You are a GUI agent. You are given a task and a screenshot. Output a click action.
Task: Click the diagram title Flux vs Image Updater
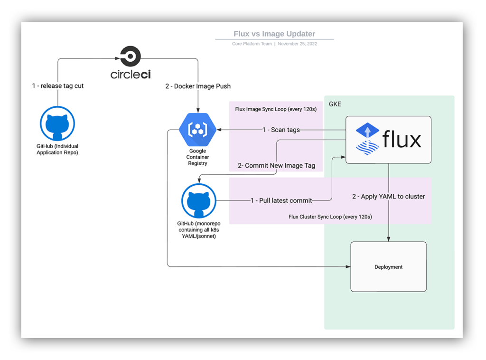coord(274,34)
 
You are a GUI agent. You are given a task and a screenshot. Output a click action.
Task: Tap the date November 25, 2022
coord(297,44)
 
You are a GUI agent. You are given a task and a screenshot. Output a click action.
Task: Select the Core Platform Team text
coord(252,44)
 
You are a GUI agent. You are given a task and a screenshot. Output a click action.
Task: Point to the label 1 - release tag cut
coord(58,86)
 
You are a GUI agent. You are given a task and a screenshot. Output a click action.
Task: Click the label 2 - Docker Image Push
coord(198,86)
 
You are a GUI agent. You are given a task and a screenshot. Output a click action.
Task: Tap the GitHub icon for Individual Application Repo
coord(57,123)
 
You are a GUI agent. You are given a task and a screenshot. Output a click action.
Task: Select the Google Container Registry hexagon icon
coord(197,130)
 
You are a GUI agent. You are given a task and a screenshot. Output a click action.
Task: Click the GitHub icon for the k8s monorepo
coord(199,201)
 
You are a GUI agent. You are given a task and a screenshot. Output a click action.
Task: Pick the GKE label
coord(335,104)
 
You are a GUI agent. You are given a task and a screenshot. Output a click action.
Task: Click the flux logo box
coord(388,140)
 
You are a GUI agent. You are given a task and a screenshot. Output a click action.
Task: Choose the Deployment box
coord(388,266)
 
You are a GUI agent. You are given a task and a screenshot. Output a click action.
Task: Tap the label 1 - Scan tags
coord(281,130)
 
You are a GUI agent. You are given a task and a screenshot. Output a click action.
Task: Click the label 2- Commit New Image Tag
coord(276,166)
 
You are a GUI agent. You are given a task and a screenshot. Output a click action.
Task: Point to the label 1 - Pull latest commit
coord(281,200)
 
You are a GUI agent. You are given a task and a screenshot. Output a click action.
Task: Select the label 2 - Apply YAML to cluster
coord(388,196)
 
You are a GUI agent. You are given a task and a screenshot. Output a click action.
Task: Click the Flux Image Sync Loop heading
coord(276,109)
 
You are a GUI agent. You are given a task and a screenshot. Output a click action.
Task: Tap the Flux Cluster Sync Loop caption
coord(330,217)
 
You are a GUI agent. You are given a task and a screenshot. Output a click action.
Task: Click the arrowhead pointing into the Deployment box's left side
coord(348,267)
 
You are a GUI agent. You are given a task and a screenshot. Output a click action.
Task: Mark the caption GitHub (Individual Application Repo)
coord(57,149)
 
